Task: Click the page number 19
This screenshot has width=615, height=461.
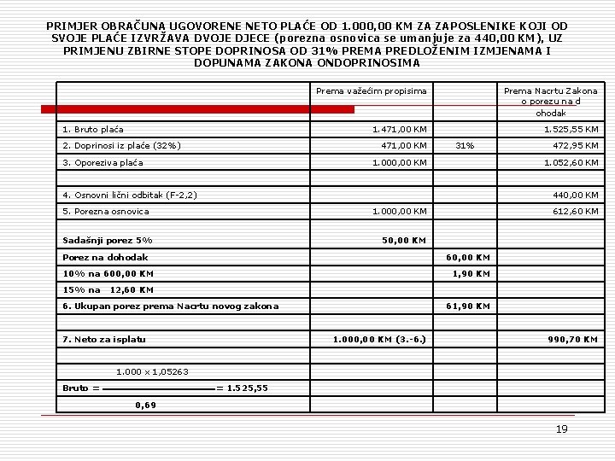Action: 561,429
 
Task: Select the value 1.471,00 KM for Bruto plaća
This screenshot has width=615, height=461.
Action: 399,130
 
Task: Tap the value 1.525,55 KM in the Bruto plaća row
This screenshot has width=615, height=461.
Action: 571,130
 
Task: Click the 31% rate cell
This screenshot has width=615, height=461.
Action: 465,146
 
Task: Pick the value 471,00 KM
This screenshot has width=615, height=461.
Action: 403,146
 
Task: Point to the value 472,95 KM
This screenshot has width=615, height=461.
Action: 576,146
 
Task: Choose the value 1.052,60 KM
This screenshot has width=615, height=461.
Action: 571,162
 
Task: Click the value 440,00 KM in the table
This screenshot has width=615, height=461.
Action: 576,195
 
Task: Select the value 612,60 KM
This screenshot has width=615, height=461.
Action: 576,212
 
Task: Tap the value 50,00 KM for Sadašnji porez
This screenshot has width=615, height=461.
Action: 403,241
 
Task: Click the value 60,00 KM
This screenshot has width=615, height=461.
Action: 469,257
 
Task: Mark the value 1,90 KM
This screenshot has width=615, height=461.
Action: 471,274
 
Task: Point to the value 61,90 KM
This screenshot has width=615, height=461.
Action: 469,306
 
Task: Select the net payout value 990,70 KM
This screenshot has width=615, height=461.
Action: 572,340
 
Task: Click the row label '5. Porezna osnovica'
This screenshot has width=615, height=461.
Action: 106,212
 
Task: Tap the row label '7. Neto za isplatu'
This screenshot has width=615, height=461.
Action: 104,340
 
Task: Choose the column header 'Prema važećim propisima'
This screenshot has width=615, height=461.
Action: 371,91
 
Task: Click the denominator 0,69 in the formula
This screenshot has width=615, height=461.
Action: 146,405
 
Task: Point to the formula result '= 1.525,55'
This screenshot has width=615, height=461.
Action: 242,388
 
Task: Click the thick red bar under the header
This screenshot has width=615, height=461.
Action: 197,109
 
